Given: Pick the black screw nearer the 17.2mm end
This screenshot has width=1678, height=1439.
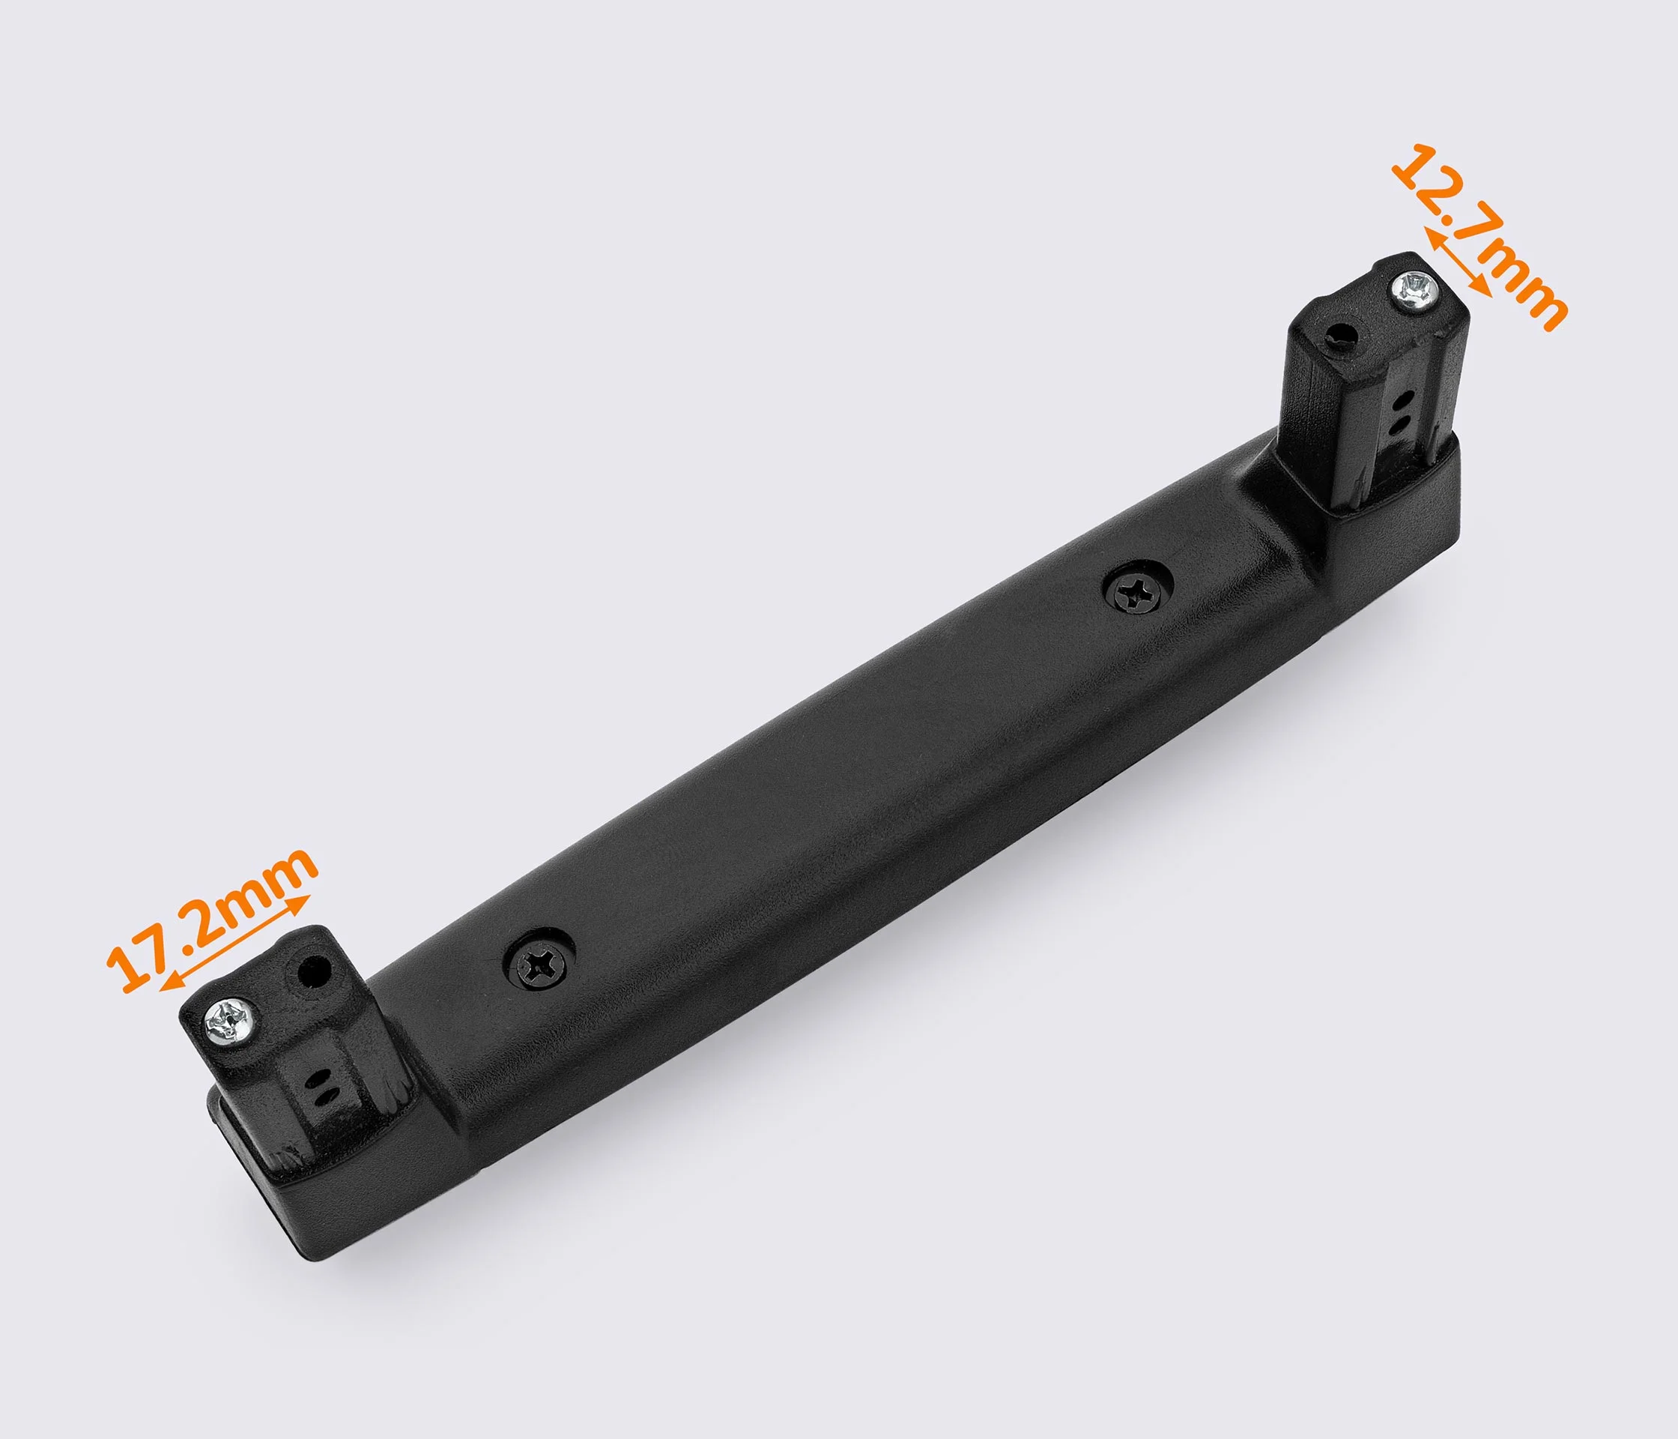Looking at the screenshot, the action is coord(539,963).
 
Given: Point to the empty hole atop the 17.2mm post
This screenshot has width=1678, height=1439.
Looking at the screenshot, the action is coord(314,970).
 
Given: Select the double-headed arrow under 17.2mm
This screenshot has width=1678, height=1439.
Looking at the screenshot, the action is coord(235,943).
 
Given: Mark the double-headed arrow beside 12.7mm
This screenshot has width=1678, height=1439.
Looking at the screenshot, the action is coord(1457,262).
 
